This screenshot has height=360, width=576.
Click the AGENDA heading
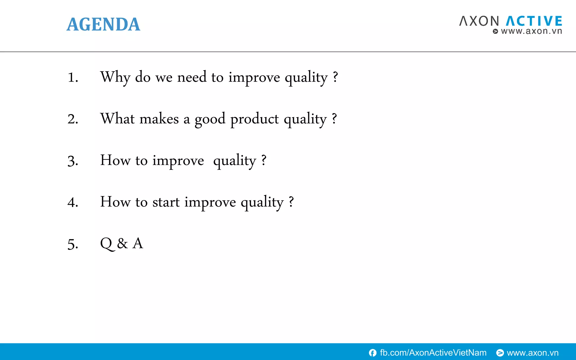click(103, 24)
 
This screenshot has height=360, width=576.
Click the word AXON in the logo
click(479, 21)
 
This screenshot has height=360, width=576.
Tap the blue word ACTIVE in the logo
click(534, 21)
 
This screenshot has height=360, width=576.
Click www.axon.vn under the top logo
click(531, 31)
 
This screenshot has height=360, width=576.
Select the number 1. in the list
click(73, 78)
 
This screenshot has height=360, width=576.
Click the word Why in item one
click(115, 77)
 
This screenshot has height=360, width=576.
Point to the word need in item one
click(192, 77)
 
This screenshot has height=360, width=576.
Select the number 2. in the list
click(73, 119)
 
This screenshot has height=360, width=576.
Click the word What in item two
click(117, 118)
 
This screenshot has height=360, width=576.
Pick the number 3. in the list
click(73, 161)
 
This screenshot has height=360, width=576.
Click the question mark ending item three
click(264, 160)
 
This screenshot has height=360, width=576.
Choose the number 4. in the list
click(73, 202)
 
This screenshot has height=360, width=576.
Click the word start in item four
click(166, 202)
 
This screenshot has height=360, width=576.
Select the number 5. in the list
click(73, 244)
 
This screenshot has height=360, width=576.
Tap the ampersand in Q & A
click(122, 244)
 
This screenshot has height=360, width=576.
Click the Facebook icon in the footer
click(373, 353)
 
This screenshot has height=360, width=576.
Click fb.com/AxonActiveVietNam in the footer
click(433, 353)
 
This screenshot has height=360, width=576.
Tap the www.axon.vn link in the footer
click(532, 353)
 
